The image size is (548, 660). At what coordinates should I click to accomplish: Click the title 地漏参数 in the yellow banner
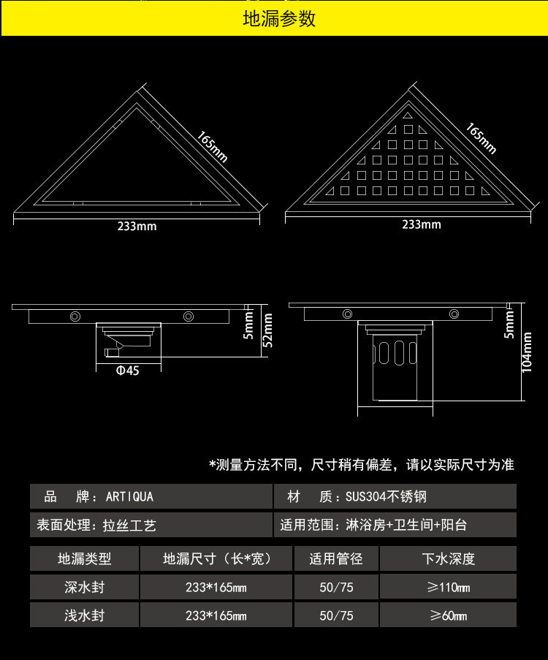(279, 18)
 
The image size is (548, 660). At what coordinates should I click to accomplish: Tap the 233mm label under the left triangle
(137, 226)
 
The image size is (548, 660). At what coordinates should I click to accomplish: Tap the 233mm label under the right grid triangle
(421, 224)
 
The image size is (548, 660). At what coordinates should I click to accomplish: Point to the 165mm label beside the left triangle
(213, 147)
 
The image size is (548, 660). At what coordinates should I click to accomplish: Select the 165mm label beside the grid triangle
(482, 138)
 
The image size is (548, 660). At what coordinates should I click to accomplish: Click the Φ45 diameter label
(127, 371)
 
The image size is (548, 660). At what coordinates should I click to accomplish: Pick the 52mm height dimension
(267, 330)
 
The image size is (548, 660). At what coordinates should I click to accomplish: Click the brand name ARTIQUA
(129, 497)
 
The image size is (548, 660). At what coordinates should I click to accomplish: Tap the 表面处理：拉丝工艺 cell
(97, 525)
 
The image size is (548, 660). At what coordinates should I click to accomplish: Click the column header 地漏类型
(84, 559)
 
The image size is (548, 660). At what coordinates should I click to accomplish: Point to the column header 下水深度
(448, 559)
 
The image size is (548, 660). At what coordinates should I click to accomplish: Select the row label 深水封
(84, 587)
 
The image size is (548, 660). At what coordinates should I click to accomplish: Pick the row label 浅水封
(84, 615)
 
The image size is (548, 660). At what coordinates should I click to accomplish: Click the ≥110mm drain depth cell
(448, 587)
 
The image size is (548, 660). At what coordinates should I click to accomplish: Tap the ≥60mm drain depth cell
(448, 615)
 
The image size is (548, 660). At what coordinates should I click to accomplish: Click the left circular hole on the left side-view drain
(75, 316)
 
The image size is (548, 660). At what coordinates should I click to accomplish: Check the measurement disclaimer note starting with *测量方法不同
(362, 465)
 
